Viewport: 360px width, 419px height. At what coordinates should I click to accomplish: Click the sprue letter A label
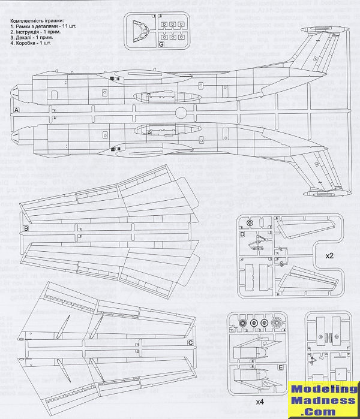[17, 111]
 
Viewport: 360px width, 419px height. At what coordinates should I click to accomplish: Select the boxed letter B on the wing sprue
[26, 229]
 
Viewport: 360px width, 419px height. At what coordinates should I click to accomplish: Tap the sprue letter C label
[190, 342]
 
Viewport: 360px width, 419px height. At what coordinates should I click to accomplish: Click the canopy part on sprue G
[139, 29]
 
